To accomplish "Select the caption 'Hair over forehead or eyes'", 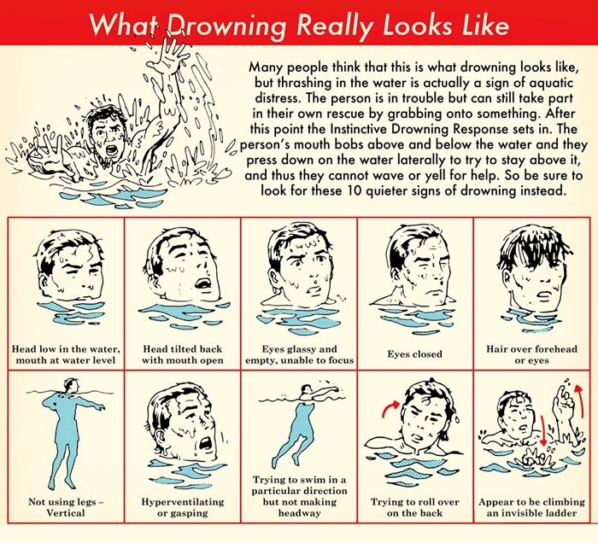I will point(531,354).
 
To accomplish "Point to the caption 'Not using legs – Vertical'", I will point(66,507).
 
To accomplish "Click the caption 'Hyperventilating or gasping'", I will point(183,507).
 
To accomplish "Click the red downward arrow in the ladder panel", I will point(542,426).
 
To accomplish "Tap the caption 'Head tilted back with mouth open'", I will point(183,354).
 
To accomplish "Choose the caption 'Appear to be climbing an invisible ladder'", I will point(531,507).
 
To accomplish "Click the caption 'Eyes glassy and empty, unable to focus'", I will point(299,354).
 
